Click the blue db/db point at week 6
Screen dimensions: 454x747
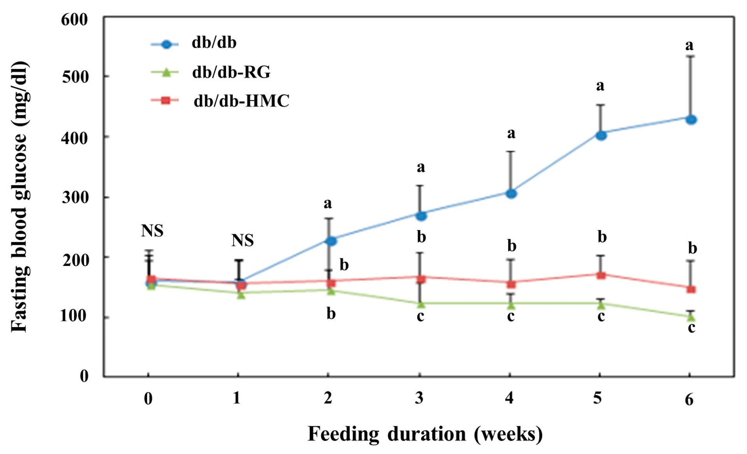[691, 120]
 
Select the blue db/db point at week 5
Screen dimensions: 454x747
[601, 135]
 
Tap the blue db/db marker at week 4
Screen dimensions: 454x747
[511, 194]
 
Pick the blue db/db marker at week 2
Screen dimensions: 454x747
[330, 241]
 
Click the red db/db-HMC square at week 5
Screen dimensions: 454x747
[601, 275]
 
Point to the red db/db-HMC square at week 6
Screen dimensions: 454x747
[691, 289]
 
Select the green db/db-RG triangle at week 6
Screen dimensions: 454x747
[691, 317]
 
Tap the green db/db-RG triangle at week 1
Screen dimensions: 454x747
[241, 295]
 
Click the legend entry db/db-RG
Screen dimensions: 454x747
[231, 72]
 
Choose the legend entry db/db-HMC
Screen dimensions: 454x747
[241, 101]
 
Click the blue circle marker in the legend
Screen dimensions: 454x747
[166, 44]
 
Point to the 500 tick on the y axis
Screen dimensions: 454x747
[75, 77]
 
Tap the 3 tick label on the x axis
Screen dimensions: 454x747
[419, 398]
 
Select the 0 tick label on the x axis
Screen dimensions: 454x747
[148, 399]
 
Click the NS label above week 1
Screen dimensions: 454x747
[243, 240]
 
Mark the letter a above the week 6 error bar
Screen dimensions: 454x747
[689, 46]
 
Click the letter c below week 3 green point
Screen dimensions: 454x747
[420, 316]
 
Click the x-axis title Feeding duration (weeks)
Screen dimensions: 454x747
[425, 434]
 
